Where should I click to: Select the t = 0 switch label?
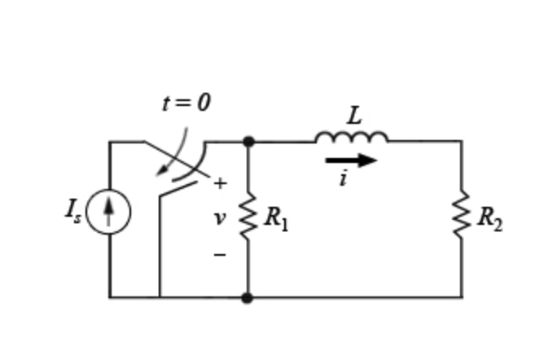point(186,103)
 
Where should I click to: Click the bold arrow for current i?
point(351,160)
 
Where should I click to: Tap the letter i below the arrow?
point(343,179)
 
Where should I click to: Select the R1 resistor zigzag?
point(248,217)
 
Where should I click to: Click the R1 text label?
point(276,218)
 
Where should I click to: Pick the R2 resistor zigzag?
point(462,217)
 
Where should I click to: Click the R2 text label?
point(489,218)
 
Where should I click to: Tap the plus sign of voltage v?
point(219,184)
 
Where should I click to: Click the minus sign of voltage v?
point(219,255)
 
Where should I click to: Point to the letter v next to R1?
point(218,218)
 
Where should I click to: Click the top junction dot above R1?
point(248,142)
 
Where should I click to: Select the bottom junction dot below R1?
point(248,297)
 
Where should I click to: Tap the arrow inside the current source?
point(108,211)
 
